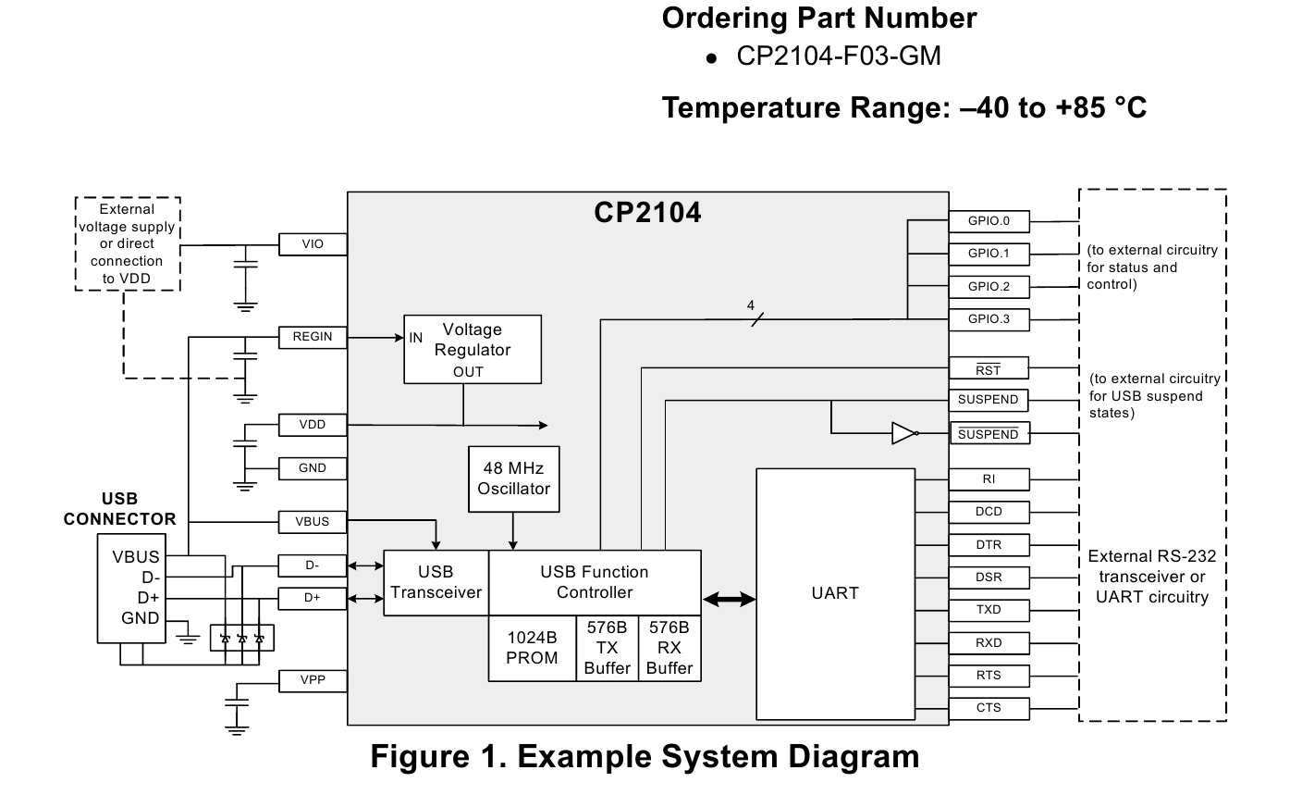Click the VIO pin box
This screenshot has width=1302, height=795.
313,244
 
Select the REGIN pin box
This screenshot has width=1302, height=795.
313,337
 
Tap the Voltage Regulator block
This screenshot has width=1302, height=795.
472,350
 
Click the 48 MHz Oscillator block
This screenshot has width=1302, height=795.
513,479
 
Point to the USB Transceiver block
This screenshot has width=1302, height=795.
436,583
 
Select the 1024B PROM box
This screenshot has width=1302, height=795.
532,648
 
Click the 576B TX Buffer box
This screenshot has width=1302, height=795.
608,648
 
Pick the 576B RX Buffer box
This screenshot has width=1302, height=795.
669,648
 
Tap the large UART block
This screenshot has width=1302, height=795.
835,593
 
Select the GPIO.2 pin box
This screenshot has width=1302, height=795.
989,287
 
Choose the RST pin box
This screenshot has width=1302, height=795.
989,369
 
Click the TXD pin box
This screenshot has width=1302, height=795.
989,610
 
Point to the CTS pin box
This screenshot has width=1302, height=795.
989,708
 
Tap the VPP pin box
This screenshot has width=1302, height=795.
313,680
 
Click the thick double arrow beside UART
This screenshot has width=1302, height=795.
729,600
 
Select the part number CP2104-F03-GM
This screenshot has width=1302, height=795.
838,56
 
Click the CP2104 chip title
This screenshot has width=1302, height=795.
647,214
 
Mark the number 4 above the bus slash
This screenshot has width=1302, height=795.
751,305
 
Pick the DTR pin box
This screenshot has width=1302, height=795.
989,545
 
